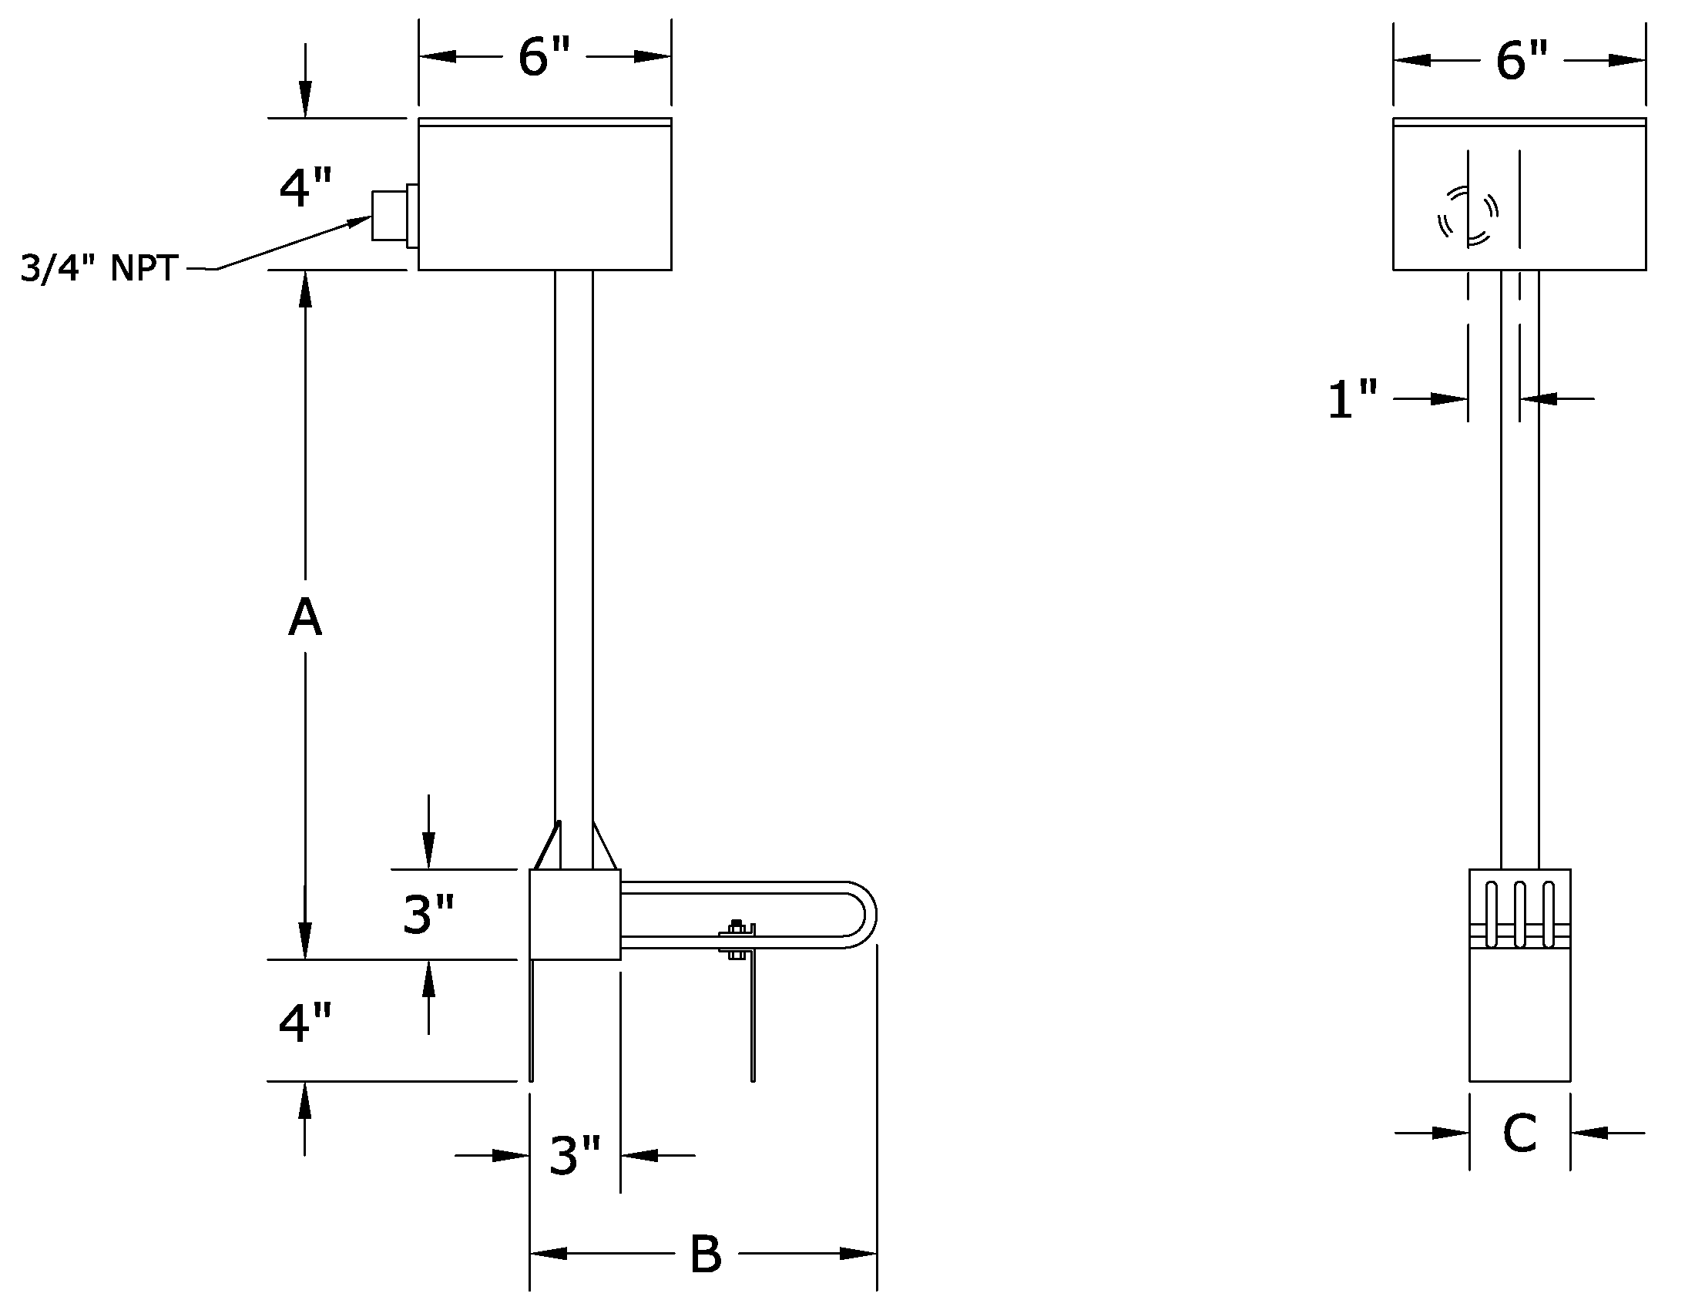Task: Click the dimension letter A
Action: tap(305, 618)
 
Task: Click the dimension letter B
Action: tap(706, 1254)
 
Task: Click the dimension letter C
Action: tap(1519, 1134)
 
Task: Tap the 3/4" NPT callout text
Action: tap(99, 268)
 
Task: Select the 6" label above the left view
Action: tap(544, 58)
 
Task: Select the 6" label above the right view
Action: tap(1521, 61)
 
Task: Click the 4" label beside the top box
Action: tap(305, 188)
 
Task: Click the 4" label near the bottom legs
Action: tap(305, 1022)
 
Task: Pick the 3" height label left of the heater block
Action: tap(428, 914)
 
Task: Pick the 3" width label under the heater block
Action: tap(575, 1156)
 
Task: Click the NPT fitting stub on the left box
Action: tap(390, 216)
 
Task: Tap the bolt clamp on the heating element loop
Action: tap(737, 940)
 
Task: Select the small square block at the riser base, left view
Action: tap(575, 914)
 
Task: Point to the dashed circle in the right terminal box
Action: tap(1467, 216)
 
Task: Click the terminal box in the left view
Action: tap(545, 194)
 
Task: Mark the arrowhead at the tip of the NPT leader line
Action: tap(360, 222)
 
